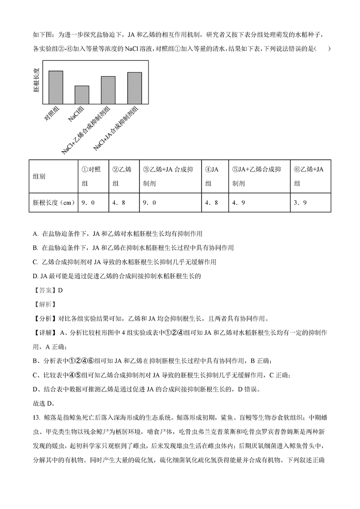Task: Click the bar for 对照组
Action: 55,88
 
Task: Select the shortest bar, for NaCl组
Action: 81,95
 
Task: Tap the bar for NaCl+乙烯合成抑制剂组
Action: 108,90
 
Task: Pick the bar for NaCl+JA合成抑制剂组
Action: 134,88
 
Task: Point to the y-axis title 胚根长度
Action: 36,81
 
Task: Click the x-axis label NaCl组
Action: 75,114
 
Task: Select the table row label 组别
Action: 39,176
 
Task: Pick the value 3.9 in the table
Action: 300,203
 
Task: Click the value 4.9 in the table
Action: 238,203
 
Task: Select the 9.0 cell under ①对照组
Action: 88,203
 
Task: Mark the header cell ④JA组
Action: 211,176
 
